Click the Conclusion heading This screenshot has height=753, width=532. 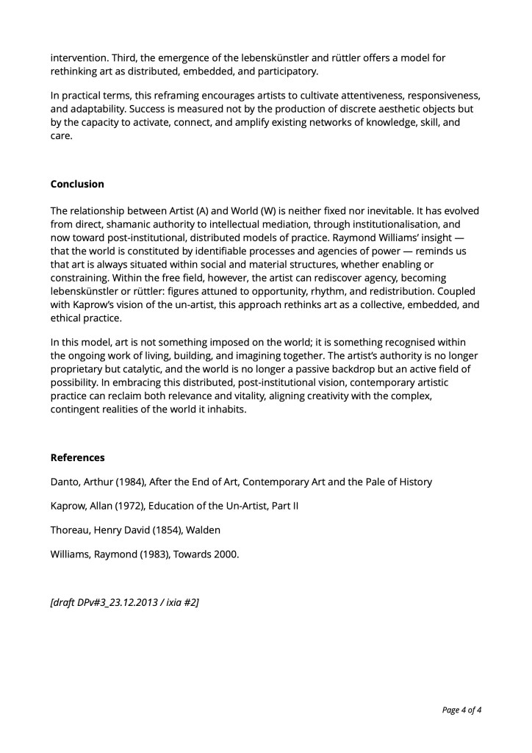pyautogui.click(x=77, y=184)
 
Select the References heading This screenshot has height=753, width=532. pyautogui.click(x=77, y=457)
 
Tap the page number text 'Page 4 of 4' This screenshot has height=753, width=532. pyautogui.click(x=461, y=710)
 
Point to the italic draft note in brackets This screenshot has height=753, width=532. pyautogui.click(x=125, y=602)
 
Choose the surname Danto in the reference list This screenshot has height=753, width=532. pyautogui.click(x=65, y=482)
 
